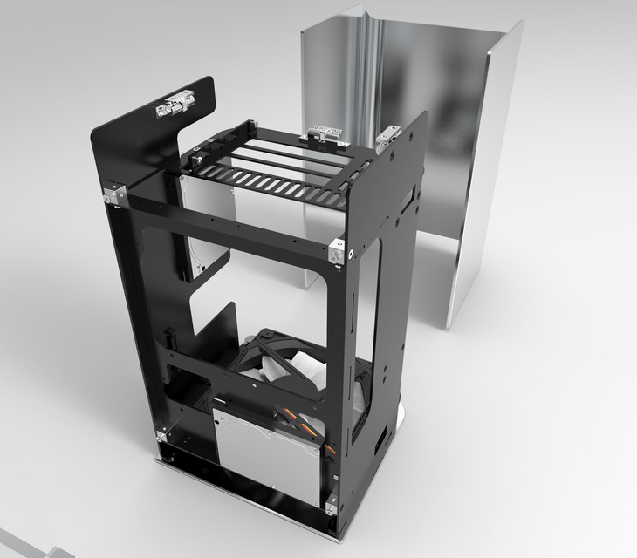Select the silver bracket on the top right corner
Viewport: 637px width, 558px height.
click(x=386, y=135)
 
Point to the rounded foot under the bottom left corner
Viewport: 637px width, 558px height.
click(x=164, y=455)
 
